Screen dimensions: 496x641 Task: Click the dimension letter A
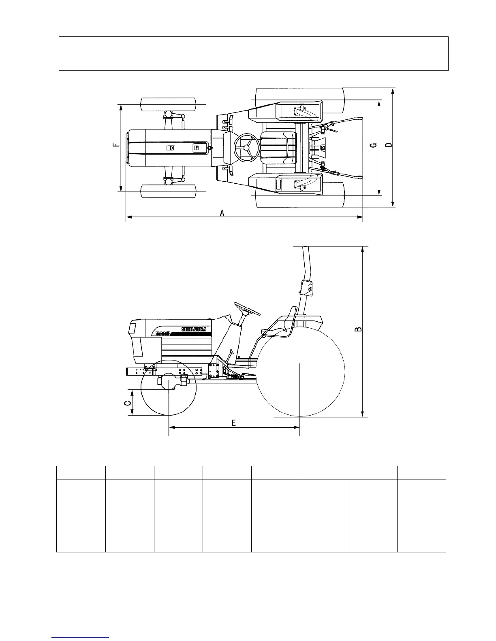[x=222, y=213]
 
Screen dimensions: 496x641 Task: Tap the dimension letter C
[x=127, y=403]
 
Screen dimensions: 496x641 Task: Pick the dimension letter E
[x=234, y=422]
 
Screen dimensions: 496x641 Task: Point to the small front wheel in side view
[x=168, y=387]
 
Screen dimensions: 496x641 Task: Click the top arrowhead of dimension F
[x=121, y=106]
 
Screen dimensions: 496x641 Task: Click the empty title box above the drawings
[x=253, y=53]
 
